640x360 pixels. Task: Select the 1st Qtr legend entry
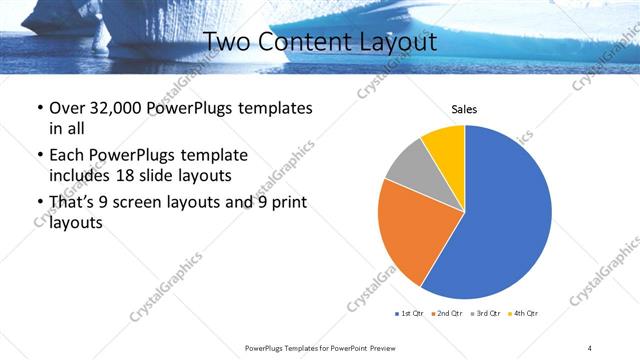tap(409, 314)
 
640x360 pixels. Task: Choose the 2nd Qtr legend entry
tap(447, 314)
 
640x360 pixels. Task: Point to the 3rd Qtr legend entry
tap(485, 314)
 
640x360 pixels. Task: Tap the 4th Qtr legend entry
tap(523, 314)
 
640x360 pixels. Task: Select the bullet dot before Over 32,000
tap(38, 108)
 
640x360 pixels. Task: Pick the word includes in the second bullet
tap(80, 175)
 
